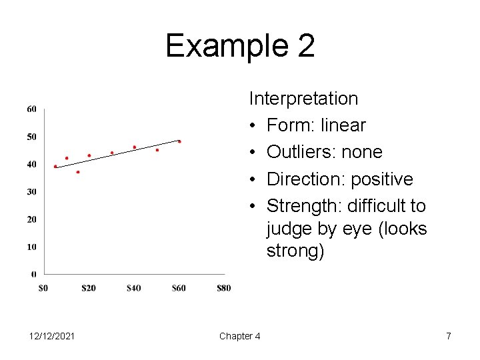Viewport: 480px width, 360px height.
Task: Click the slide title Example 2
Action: (x=240, y=46)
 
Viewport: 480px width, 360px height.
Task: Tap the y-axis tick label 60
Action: (x=31, y=109)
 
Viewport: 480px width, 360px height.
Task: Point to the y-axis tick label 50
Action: (x=31, y=137)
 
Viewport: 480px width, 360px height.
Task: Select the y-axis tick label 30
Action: (x=31, y=192)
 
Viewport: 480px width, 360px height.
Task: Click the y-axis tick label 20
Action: (x=31, y=219)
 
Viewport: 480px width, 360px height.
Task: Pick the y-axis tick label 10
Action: (x=31, y=247)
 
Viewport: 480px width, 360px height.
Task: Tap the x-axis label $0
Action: (x=43, y=288)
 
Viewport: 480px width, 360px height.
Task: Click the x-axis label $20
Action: (x=88, y=288)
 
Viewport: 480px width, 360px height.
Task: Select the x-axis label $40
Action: (x=133, y=288)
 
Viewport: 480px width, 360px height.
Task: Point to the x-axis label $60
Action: (x=179, y=288)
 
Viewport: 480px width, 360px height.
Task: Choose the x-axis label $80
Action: (x=224, y=288)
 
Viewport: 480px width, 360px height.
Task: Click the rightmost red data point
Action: (x=179, y=141)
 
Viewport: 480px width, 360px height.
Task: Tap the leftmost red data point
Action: (x=55, y=167)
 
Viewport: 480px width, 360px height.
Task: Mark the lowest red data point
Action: (x=78, y=172)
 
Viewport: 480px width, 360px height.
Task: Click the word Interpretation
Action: (x=303, y=99)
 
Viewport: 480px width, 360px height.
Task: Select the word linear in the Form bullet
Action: (x=343, y=125)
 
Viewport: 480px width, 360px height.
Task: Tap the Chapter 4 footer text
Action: (x=239, y=336)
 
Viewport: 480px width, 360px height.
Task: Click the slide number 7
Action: (x=449, y=336)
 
